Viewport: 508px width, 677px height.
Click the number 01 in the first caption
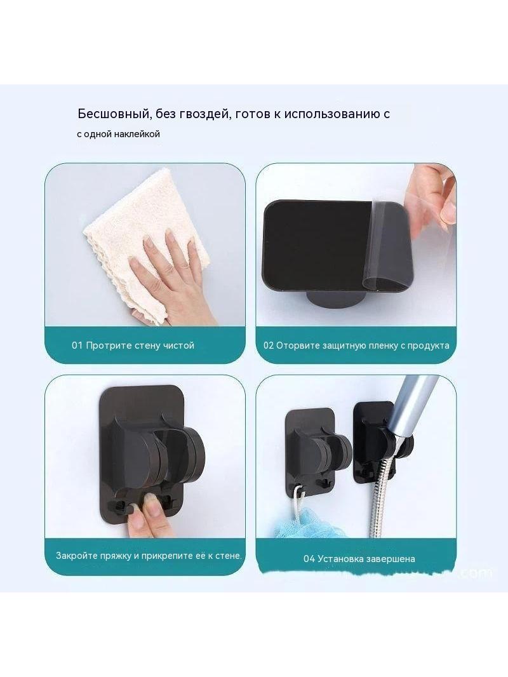pyautogui.click(x=77, y=345)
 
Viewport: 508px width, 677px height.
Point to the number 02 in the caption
pyautogui.click(x=269, y=345)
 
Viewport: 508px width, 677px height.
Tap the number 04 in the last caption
pyautogui.click(x=309, y=559)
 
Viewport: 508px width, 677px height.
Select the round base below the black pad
pyautogui.click(x=332, y=298)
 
